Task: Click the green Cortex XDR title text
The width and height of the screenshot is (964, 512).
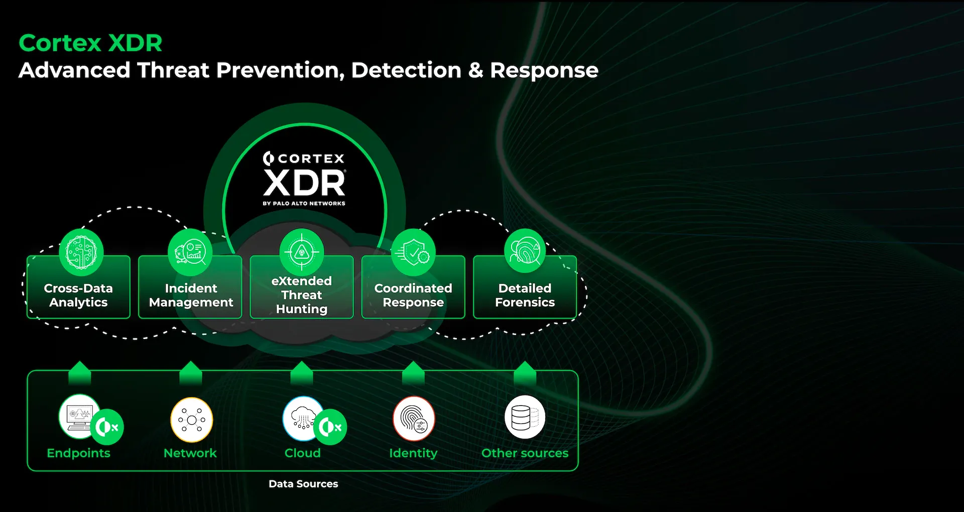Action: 90,43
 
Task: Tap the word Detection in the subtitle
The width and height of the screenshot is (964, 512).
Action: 406,70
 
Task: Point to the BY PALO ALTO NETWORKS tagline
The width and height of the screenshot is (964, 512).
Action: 304,204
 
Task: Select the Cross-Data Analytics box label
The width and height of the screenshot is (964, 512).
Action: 78,295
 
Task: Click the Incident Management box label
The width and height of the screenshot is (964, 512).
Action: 191,295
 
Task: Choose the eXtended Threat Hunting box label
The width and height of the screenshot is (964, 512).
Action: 302,295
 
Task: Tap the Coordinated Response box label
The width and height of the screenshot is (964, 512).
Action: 413,295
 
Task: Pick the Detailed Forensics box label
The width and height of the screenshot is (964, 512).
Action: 525,295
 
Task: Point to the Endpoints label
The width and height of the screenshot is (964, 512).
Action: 78,453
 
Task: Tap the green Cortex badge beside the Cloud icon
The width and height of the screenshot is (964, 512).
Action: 330,427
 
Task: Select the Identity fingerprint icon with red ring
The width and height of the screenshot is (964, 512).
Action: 413,419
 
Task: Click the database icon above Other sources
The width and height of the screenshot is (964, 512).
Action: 525,418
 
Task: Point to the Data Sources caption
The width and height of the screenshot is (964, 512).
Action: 303,484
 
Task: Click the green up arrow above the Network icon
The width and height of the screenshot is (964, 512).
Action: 191,372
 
